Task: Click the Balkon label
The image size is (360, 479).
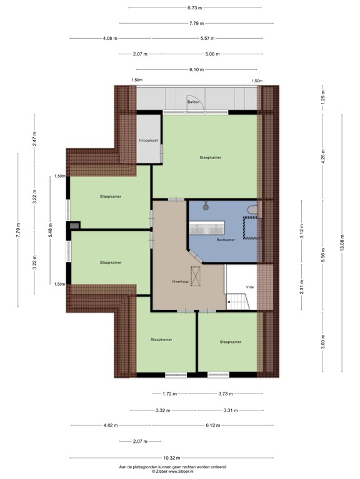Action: coord(192,101)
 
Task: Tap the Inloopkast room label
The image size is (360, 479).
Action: coord(148,142)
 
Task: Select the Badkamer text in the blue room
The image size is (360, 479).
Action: coord(226,239)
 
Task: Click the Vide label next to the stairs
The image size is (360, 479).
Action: coord(249,287)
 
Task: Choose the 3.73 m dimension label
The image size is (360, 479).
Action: coord(227,394)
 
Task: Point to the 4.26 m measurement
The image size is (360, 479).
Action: coord(323,155)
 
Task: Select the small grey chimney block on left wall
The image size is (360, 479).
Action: coord(75,227)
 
